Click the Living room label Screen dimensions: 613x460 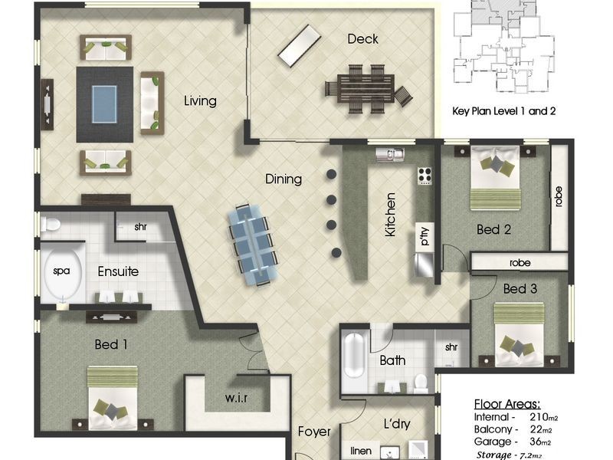pyautogui.click(x=200, y=101)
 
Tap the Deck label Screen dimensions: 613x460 pyautogui.click(x=362, y=39)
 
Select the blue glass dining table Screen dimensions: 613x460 pyautogui.click(x=254, y=244)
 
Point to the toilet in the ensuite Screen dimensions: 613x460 pyautogui.click(x=51, y=224)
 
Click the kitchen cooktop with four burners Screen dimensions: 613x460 pyautogui.click(x=425, y=176)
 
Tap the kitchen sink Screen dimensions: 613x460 pyautogui.click(x=390, y=154)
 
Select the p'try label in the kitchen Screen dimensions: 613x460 pyautogui.click(x=425, y=236)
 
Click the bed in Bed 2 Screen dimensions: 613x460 pyautogui.click(x=495, y=178)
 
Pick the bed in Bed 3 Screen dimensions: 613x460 pyautogui.click(x=519, y=334)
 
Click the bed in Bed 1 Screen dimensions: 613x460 pyautogui.click(x=112, y=398)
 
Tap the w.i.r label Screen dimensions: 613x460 pyautogui.click(x=237, y=398)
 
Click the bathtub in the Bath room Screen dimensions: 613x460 pyautogui.click(x=354, y=355)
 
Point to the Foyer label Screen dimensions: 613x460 pyautogui.click(x=314, y=432)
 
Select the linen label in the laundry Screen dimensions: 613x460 pyautogui.click(x=361, y=451)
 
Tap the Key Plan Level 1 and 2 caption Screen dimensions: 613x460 pyautogui.click(x=504, y=111)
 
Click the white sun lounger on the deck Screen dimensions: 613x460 pyautogui.click(x=300, y=46)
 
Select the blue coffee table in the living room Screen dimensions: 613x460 pyautogui.click(x=104, y=104)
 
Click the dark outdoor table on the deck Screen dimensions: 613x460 pyautogui.click(x=366, y=89)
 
